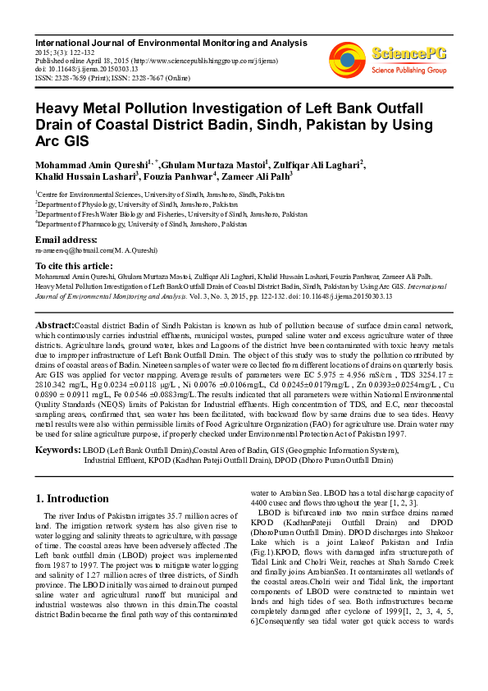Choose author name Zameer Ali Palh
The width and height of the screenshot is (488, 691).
[x=256, y=176]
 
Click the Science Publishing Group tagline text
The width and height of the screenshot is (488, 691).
[x=408, y=71]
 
